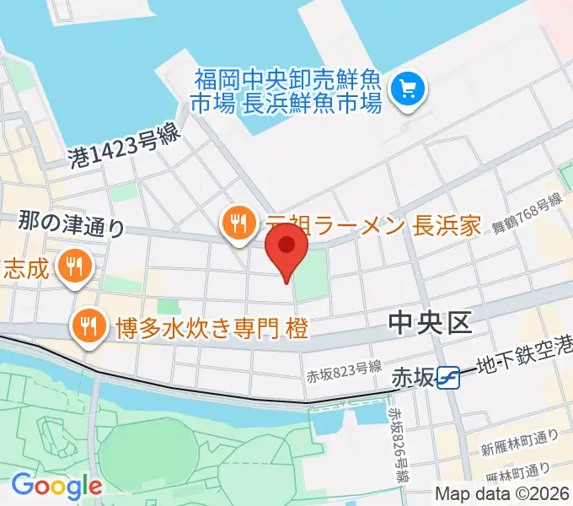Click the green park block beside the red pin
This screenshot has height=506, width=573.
coord(311,275)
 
